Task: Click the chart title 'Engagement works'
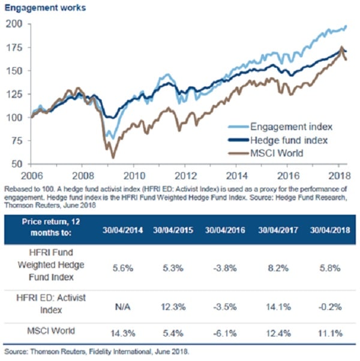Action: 37,8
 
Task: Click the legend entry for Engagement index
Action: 285,127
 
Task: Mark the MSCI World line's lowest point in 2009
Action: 112,157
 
